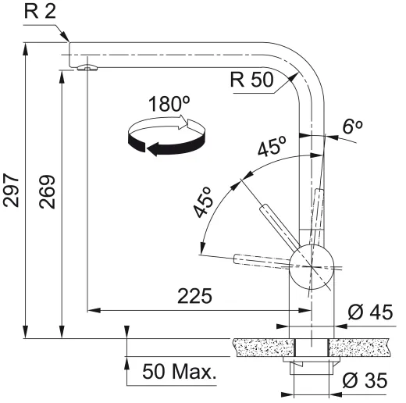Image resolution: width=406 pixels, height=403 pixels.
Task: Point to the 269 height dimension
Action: point(48,201)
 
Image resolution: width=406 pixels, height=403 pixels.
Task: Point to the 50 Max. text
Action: point(179,372)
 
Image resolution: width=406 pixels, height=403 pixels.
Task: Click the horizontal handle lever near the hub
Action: point(262,259)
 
